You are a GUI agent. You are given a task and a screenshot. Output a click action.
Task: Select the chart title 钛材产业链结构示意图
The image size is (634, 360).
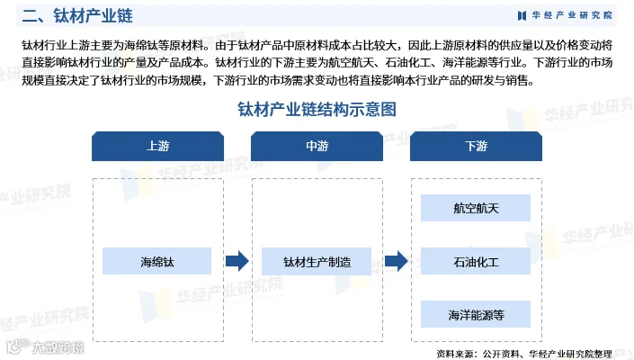[x=317, y=110]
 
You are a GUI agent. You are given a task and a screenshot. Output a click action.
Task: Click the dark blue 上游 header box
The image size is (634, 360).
[x=157, y=146]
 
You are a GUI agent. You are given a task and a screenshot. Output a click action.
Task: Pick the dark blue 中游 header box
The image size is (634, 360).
[x=317, y=146]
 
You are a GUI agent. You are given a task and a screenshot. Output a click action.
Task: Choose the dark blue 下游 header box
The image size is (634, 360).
[x=476, y=146]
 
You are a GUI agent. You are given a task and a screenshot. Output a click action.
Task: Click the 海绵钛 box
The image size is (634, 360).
[x=157, y=261]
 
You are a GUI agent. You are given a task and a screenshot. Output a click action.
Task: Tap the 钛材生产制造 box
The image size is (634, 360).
[x=317, y=261]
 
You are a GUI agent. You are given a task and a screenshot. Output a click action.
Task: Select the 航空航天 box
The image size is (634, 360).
[x=476, y=208]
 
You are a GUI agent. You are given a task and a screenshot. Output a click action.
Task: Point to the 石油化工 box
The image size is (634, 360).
[x=476, y=261]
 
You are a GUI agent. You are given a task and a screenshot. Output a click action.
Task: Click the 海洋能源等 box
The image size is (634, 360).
[x=476, y=314]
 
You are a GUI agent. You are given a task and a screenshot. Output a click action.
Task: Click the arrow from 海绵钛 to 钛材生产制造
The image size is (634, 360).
[x=237, y=261]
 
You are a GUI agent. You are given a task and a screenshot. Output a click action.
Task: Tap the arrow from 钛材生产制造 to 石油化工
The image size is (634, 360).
[x=397, y=261]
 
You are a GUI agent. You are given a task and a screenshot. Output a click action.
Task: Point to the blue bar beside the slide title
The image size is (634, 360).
[x=7, y=15]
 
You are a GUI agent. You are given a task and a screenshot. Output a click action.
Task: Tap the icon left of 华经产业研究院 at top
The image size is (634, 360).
[x=522, y=15]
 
